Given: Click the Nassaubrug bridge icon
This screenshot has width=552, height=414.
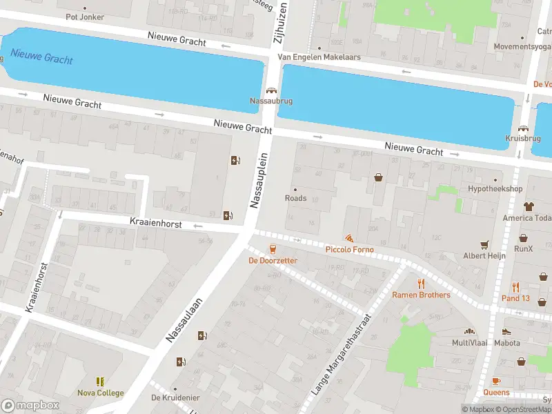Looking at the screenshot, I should point(271,90).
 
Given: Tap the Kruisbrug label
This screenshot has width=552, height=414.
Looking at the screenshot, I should point(522,138).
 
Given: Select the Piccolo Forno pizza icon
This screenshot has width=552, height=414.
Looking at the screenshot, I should point(350,238).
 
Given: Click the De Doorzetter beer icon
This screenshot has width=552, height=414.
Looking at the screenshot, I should point(273,249).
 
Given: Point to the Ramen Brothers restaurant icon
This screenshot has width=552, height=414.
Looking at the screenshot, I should point(421,284).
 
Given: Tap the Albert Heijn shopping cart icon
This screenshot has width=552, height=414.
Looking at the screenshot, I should point(484,244).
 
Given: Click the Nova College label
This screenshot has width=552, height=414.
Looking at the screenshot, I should point(100,393).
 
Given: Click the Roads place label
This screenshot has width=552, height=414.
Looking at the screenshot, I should point(295,198).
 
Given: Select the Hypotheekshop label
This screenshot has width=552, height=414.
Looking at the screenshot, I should point(495,188).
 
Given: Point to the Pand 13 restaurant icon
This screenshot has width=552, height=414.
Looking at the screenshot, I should point(515,287).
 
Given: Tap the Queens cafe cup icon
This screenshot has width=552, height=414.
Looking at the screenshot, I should point(496,381).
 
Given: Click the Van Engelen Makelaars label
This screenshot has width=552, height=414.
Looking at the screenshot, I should point(319,57).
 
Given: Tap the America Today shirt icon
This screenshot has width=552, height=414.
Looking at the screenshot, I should point(529,206).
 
